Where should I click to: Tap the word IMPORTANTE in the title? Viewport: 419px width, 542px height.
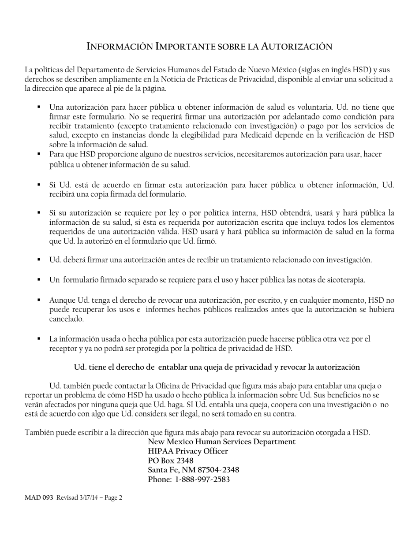pyautogui.click(x=188, y=47)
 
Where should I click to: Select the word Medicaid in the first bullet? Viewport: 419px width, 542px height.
pyautogui.click(x=256, y=135)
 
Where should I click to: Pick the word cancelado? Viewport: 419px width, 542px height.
pyautogui.click(x=66, y=319)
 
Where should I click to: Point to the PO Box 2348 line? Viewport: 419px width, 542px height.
pyautogui.click(x=171, y=460)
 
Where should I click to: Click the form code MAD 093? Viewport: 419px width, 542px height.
pyautogui.click(x=39, y=498)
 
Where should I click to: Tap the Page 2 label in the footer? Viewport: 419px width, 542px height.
pyautogui.click(x=113, y=498)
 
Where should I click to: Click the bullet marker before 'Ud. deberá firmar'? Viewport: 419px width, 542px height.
pyautogui.click(x=39, y=260)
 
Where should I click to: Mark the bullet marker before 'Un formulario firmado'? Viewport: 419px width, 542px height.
pyautogui.click(x=39, y=279)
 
